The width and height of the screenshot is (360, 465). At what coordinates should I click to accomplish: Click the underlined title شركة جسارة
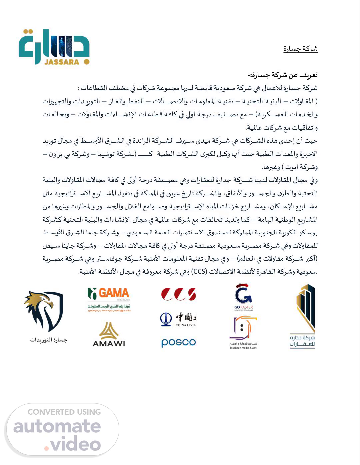pos(300,49)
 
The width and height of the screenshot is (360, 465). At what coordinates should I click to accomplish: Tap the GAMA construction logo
pos(109,299)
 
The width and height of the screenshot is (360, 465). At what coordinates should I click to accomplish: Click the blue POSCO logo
pos(178,342)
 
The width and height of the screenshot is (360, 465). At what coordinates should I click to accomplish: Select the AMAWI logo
pos(109,335)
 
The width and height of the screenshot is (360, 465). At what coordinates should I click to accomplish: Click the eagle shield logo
pos(44,311)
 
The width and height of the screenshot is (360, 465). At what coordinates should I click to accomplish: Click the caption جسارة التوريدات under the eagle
pos(48,340)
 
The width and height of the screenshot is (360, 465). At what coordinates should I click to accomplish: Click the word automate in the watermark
pos(57,427)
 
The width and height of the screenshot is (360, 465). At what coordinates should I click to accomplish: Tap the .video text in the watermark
pos(72,444)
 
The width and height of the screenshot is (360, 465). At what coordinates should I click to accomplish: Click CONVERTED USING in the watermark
pos(64,412)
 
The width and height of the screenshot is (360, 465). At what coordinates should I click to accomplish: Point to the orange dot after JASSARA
pos(86,62)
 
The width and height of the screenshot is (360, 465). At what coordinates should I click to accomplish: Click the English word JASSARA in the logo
pos(62,62)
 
